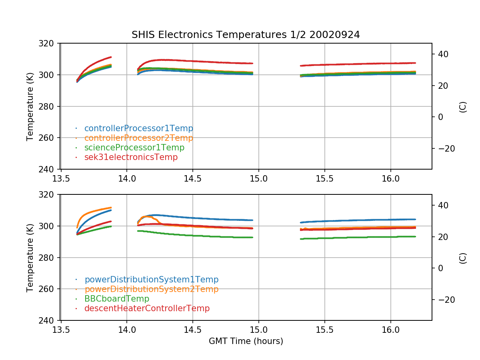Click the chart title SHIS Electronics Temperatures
pos(246,35)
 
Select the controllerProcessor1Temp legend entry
pos(138,128)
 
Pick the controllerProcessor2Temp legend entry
pos(138,138)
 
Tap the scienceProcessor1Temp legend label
pos(134,148)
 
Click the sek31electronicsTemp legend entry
pos(131,157)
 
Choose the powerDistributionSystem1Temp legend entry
pos(151,280)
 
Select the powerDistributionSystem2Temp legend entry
pos(151,289)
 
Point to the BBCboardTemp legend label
pos(116,299)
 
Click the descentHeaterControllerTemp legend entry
pos(147,308)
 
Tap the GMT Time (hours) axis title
pos(246,341)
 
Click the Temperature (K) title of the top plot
pos(30,106)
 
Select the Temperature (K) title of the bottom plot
pos(30,258)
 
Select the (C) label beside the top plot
pos(463,106)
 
